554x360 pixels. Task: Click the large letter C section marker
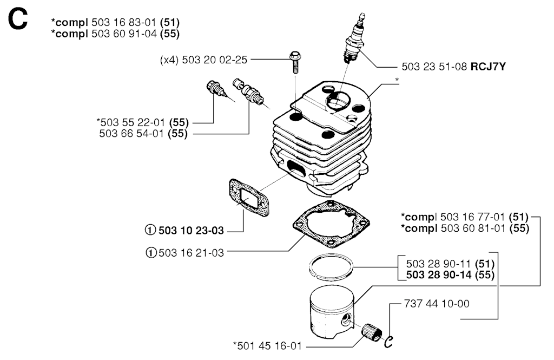pyautogui.click(x=17, y=21)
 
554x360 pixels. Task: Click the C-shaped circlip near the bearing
pyautogui.click(x=387, y=340)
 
